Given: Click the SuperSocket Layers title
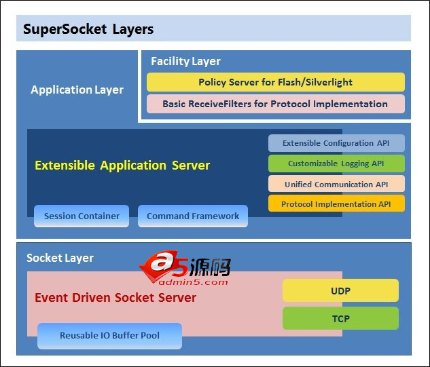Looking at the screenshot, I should coord(88,29).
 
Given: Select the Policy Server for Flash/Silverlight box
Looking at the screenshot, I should coord(275,82).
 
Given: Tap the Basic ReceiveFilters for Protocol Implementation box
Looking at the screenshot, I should coord(275,104).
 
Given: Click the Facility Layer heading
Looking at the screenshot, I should coord(185,61).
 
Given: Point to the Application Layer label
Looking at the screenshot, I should coord(77,90).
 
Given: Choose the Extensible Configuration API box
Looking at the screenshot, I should coord(336,143).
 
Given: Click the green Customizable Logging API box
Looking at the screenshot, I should coord(336,163).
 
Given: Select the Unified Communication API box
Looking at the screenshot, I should coord(336,184).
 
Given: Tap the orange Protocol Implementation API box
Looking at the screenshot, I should coord(336,204).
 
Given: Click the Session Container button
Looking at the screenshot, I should coord(82,216).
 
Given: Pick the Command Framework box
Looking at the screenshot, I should coord(193,216).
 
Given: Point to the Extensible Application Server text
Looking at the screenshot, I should coord(122,165).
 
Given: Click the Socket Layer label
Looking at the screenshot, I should coord(60,258).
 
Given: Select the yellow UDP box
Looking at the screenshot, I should coord(340,290).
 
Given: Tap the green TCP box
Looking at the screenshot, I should coord(340,317).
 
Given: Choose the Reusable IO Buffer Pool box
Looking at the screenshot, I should coord(109,336).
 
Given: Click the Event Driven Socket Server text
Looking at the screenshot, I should coord(115,297).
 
